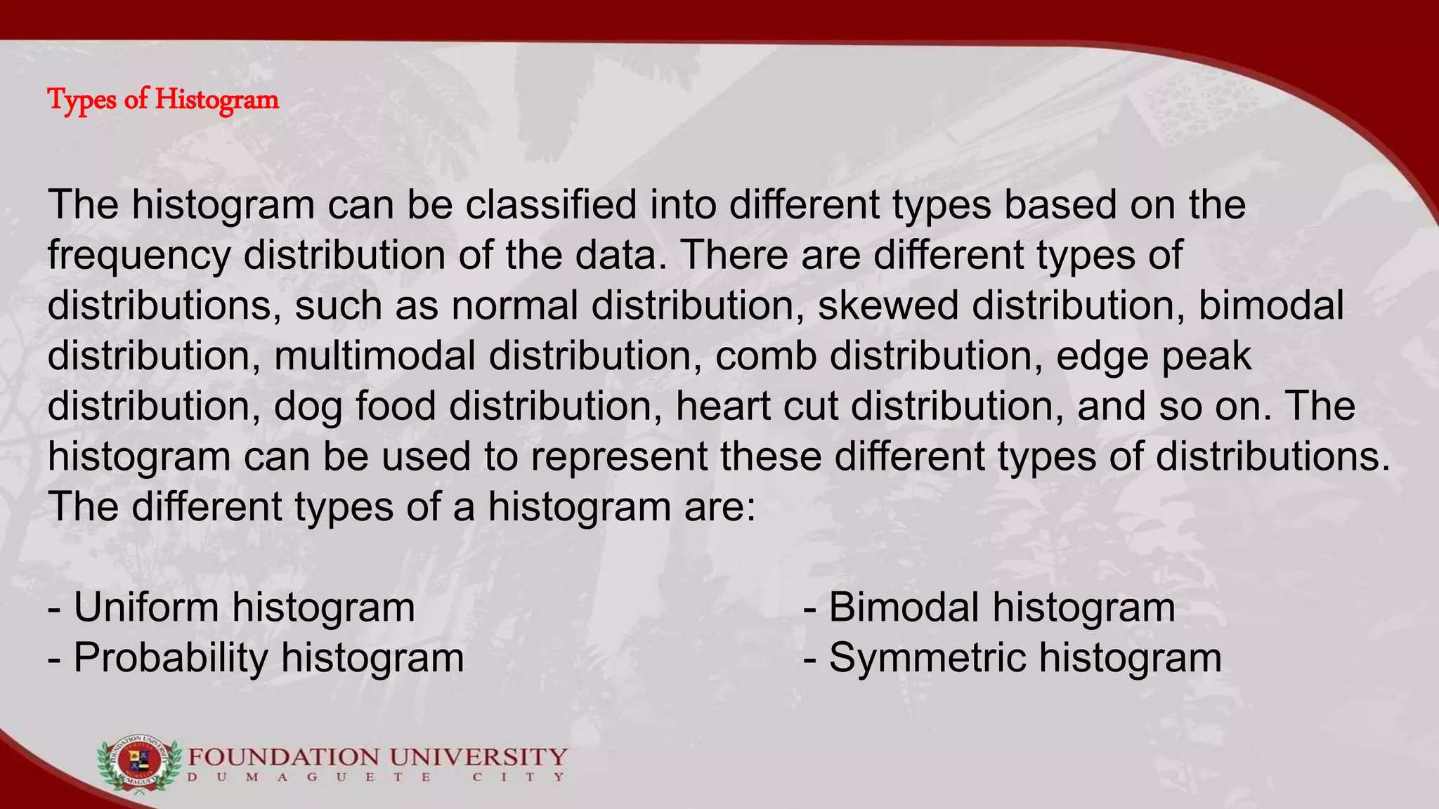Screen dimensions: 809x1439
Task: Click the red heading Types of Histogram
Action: point(163,99)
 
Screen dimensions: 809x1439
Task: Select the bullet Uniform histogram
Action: point(231,607)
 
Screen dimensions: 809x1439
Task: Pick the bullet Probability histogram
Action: point(256,658)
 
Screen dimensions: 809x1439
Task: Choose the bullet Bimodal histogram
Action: point(989,607)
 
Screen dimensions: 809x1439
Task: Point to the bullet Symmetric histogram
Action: point(1012,658)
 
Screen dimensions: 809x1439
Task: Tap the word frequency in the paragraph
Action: point(139,256)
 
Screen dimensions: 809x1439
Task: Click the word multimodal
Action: point(375,356)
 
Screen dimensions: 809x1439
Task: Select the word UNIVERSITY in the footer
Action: point(478,757)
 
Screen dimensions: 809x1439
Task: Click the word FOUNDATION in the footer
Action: point(283,757)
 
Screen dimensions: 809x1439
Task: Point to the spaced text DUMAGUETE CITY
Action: point(376,777)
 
